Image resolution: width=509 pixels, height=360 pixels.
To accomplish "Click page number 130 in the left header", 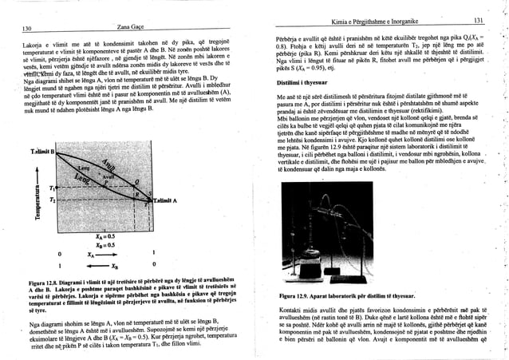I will (27, 26).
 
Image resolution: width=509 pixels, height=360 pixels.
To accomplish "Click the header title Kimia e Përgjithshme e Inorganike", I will (382, 21).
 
